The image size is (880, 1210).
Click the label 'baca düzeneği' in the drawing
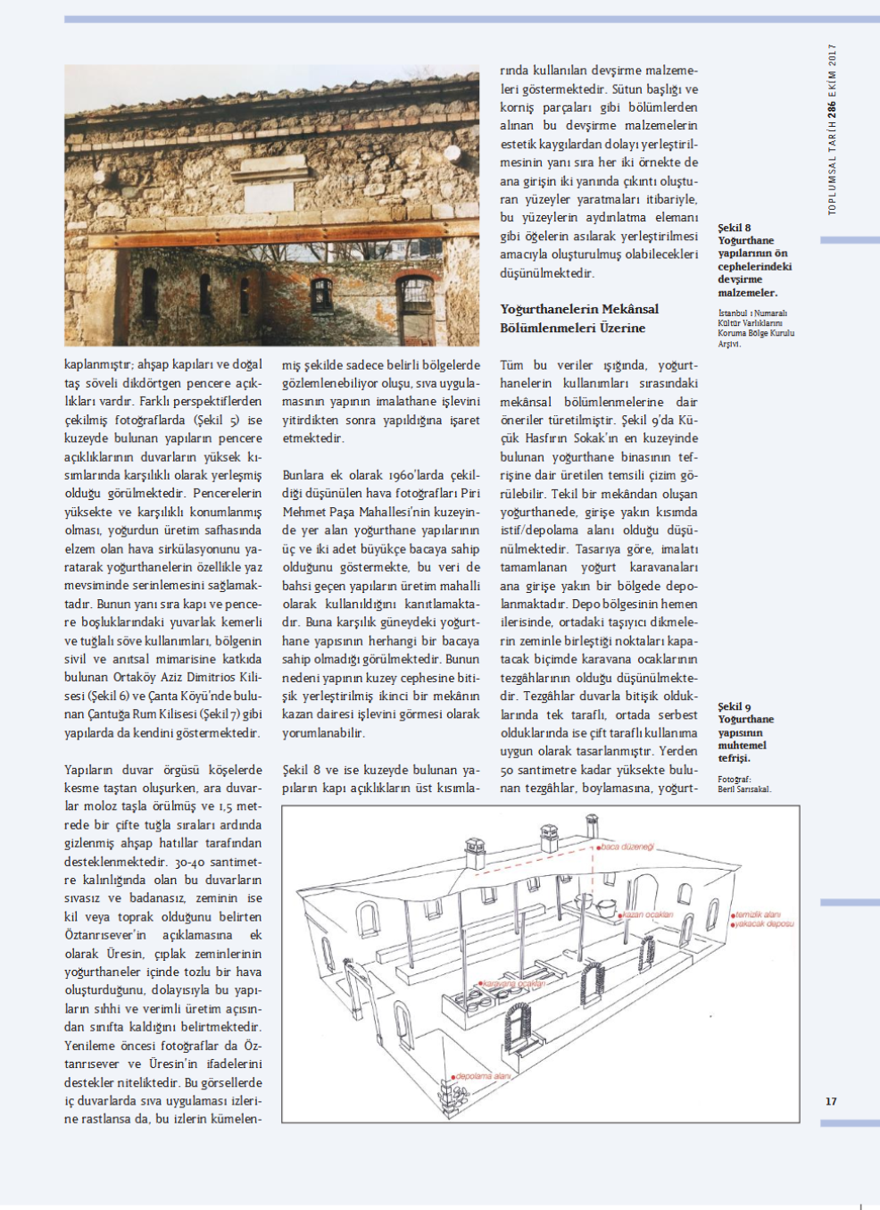[x=627, y=847]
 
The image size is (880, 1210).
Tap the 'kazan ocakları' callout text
[x=648, y=914]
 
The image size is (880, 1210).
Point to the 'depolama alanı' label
[x=483, y=1076]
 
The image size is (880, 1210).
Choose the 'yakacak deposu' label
[x=764, y=924]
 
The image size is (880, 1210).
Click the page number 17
[x=831, y=1101]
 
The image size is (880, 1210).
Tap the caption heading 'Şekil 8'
[x=735, y=228]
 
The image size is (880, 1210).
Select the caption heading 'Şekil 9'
[x=735, y=706]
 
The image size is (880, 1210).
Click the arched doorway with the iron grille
[x=413, y=299]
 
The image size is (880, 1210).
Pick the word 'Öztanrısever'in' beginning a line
[x=104, y=935]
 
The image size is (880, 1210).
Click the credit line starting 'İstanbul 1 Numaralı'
[x=752, y=313]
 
